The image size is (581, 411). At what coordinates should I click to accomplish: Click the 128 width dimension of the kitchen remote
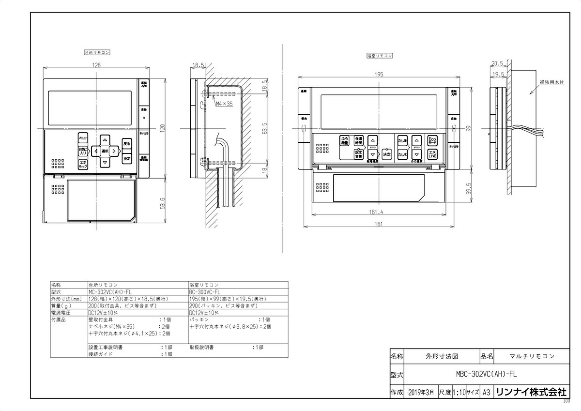[x=97, y=64]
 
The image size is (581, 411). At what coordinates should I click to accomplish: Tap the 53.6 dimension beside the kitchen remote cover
[x=163, y=202]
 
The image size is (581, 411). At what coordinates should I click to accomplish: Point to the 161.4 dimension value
[x=376, y=212]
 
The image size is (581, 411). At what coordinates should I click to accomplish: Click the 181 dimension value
[x=379, y=224]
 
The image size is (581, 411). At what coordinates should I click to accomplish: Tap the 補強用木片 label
[x=551, y=83]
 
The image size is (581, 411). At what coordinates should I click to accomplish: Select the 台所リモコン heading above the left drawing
[x=96, y=51]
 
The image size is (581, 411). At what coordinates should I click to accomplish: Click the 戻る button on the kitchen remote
[x=126, y=144]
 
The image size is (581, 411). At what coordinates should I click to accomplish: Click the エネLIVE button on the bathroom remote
[x=432, y=154]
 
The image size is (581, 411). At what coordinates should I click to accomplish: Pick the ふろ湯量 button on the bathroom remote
[x=344, y=141]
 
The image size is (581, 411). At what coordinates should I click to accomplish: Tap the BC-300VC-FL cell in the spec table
[x=205, y=292]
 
